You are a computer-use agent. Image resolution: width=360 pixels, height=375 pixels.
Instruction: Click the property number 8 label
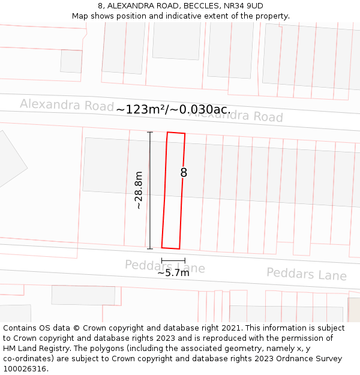(184, 173)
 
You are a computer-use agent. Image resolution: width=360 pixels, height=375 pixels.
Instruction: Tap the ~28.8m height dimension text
(139, 190)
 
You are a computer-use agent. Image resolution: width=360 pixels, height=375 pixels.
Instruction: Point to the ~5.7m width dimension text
(173, 273)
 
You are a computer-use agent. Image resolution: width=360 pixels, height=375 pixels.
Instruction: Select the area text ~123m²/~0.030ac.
(173, 109)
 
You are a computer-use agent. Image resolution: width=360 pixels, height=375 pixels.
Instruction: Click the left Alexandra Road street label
(67, 104)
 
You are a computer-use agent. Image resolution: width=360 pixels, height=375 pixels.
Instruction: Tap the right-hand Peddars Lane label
(307, 274)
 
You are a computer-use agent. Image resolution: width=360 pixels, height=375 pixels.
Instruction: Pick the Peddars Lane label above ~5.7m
(165, 266)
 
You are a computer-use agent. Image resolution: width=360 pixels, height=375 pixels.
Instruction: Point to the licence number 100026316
(25, 368)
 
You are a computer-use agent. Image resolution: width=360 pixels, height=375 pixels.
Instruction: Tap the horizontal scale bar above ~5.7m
(173, 260)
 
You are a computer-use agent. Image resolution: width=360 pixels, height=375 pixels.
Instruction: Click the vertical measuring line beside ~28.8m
(150, 190)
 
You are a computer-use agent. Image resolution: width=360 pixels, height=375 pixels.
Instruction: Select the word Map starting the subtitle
(80, 16)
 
